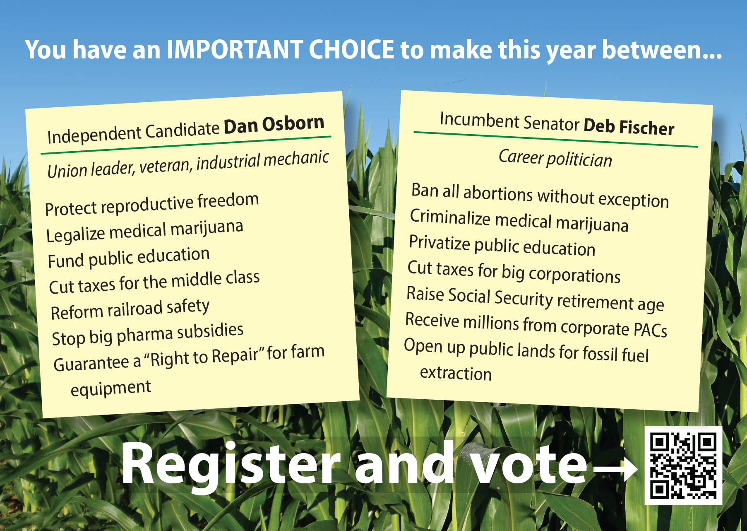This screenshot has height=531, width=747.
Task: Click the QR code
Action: (683, 466)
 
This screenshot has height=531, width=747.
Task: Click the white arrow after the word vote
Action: (615, 468)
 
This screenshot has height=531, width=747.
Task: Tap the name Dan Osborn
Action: (274, 125)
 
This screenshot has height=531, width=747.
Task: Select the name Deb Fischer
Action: (629, 127)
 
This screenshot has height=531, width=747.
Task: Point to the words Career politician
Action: (555, 158)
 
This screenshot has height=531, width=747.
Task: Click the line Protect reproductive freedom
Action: (152, 204)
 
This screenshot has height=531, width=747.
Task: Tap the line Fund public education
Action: (129, 258)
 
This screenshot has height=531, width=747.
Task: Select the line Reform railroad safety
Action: (130, 309)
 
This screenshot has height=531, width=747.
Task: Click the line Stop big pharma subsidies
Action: (148, 334)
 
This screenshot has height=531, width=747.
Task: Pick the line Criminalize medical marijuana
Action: (519, 220)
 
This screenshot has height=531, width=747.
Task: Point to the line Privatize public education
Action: (502, 246)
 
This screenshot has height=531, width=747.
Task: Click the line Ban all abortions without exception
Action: (540, 195)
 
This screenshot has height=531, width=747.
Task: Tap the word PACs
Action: (651, 330)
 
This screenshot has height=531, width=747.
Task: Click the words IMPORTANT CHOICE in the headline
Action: (280, 50)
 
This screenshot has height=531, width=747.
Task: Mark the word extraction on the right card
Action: (456, 373)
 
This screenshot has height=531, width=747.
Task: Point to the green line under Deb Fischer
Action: (556, 140)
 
